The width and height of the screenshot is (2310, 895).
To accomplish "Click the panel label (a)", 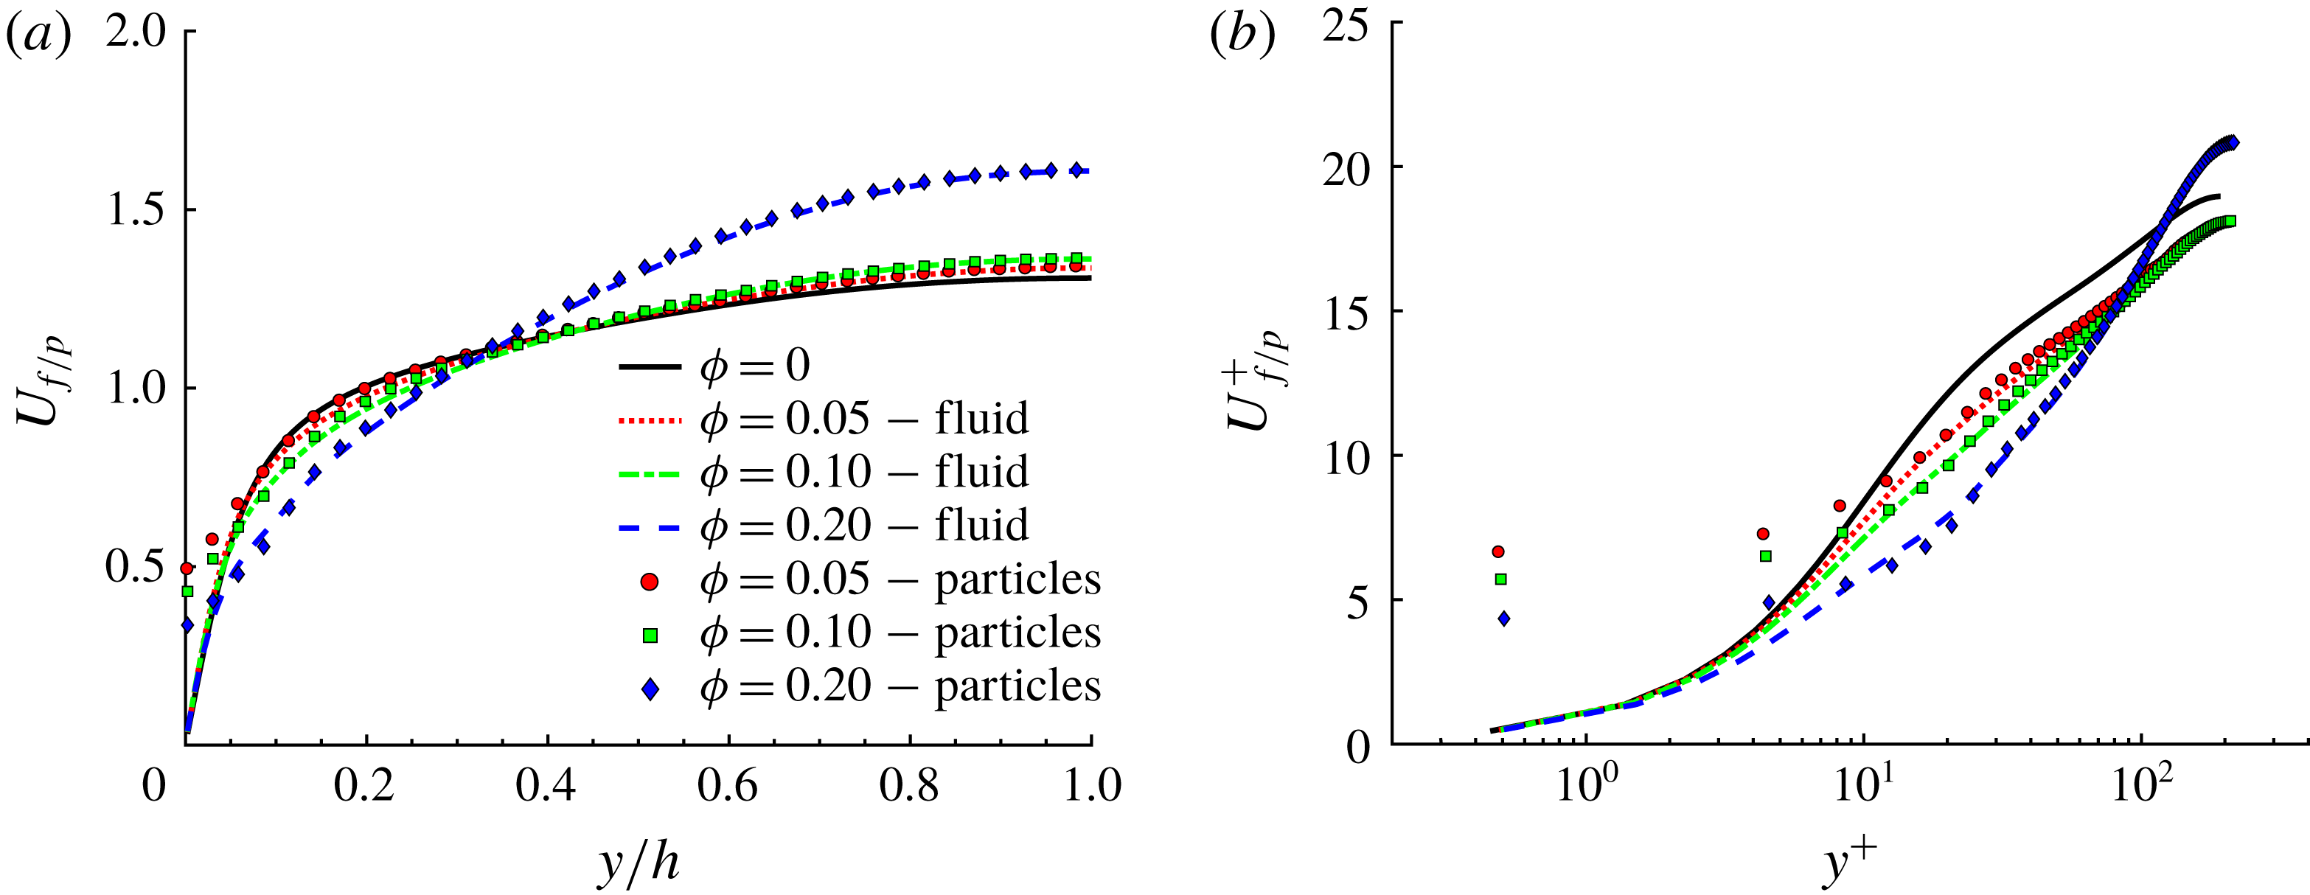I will coord(38,38).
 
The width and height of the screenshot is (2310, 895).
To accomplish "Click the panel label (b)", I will coord(1242,38).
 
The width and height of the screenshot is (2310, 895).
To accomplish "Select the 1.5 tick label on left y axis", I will coord(137,210).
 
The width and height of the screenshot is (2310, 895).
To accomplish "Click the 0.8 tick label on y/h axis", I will coord(909,786).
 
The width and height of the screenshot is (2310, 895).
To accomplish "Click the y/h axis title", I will coord(638,863).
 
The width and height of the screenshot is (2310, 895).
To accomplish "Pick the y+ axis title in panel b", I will coord(1850,863).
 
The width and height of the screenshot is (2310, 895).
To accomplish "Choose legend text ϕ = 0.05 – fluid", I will coord(863,419).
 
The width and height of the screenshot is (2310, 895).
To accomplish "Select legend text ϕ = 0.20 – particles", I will coord(900,687).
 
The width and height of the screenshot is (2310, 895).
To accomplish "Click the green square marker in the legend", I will coord(650,635).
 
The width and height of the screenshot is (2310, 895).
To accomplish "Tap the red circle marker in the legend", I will coord(650,581).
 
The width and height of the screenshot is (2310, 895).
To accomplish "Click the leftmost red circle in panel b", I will coord(1497,551).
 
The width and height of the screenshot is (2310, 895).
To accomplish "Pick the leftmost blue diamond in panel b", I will coord(1504,618).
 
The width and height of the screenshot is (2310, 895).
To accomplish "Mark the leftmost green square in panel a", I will coord(187,591).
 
